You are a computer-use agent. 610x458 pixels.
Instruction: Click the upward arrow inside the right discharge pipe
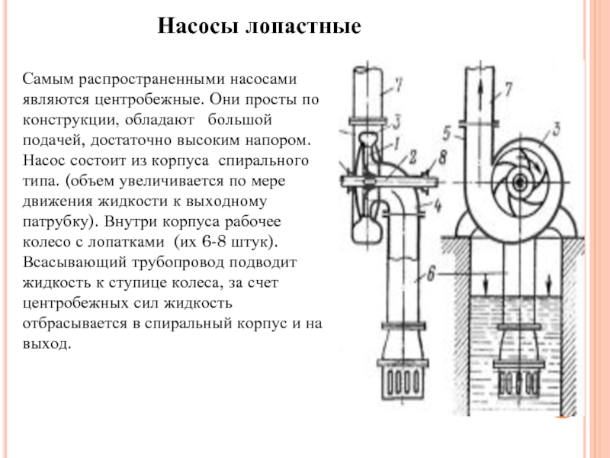[482, 89]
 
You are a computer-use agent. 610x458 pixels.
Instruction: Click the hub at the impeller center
[520, 182]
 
